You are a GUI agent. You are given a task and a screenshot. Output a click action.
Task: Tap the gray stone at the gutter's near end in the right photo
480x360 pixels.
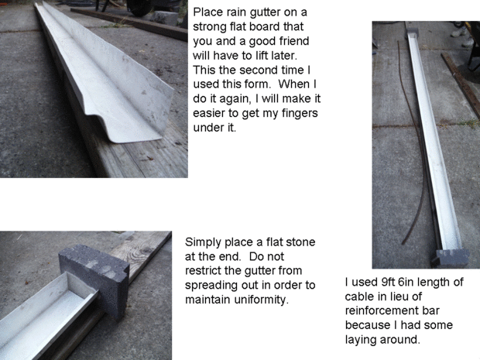pos(451,257)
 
